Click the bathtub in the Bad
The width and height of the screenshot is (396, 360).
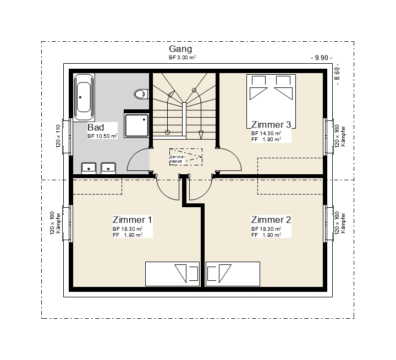84,97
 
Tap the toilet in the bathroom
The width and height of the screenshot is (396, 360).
141,94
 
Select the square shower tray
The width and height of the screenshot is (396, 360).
137,125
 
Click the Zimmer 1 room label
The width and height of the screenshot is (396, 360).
133,220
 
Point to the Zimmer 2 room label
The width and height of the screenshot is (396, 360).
271,220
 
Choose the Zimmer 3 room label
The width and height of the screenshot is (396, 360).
271,125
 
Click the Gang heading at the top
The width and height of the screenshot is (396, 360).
180,49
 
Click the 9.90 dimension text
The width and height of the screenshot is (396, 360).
321,58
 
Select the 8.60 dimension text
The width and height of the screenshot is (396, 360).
337,74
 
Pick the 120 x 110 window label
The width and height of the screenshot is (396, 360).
58,136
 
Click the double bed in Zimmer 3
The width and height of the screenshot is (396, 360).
271,101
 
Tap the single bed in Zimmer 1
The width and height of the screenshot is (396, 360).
172,274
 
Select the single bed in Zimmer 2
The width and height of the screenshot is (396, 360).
233,274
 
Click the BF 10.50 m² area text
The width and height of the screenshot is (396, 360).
102,136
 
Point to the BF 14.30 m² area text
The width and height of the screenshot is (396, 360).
266,133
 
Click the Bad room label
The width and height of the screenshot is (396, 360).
96,127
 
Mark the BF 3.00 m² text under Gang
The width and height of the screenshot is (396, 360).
183,57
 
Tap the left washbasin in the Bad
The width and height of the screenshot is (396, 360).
89,168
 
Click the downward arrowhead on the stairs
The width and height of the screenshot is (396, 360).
201,135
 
